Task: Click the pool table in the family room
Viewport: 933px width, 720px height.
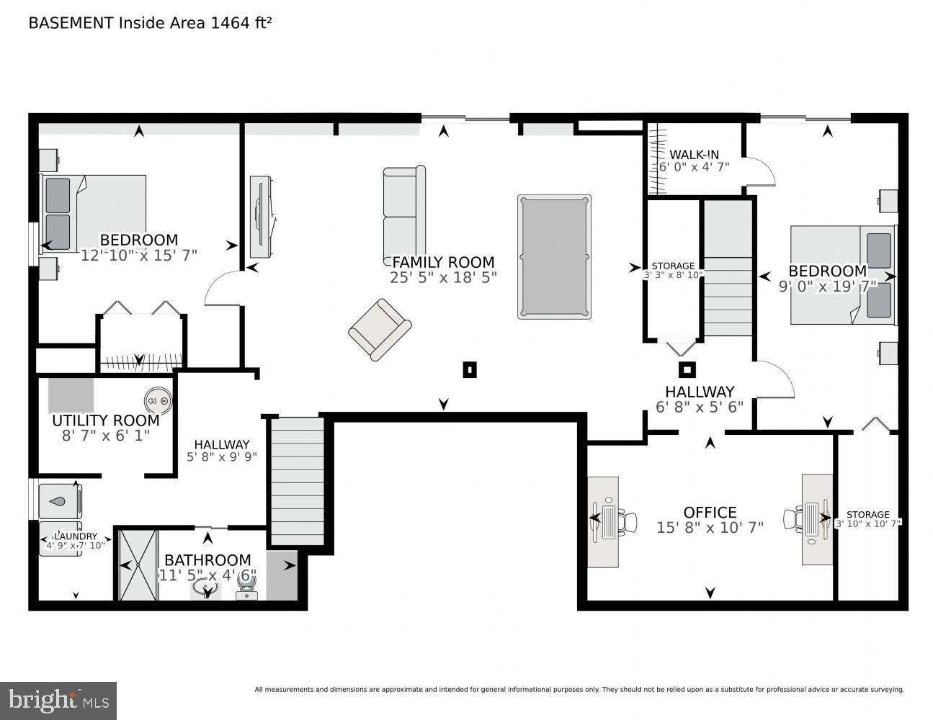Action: click(554, 256)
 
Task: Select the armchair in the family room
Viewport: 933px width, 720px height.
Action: click(379, 329)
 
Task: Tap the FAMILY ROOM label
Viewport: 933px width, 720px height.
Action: click(442, 262)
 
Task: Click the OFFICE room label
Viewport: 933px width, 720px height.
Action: click(710, 512)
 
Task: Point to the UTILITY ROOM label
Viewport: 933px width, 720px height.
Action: click(105, 420)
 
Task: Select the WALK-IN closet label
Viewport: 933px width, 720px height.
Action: click(694, 154)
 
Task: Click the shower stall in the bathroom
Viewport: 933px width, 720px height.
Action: click(137, 564)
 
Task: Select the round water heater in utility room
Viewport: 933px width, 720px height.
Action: click(158, 400)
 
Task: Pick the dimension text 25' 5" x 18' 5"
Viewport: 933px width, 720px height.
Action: click(443, 277)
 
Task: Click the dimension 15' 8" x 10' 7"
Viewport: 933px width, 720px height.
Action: click(710, 528)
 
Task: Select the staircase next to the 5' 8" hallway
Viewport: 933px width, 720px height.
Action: click(298, 481)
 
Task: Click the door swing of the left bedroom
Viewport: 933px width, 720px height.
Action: click(222, 288)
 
